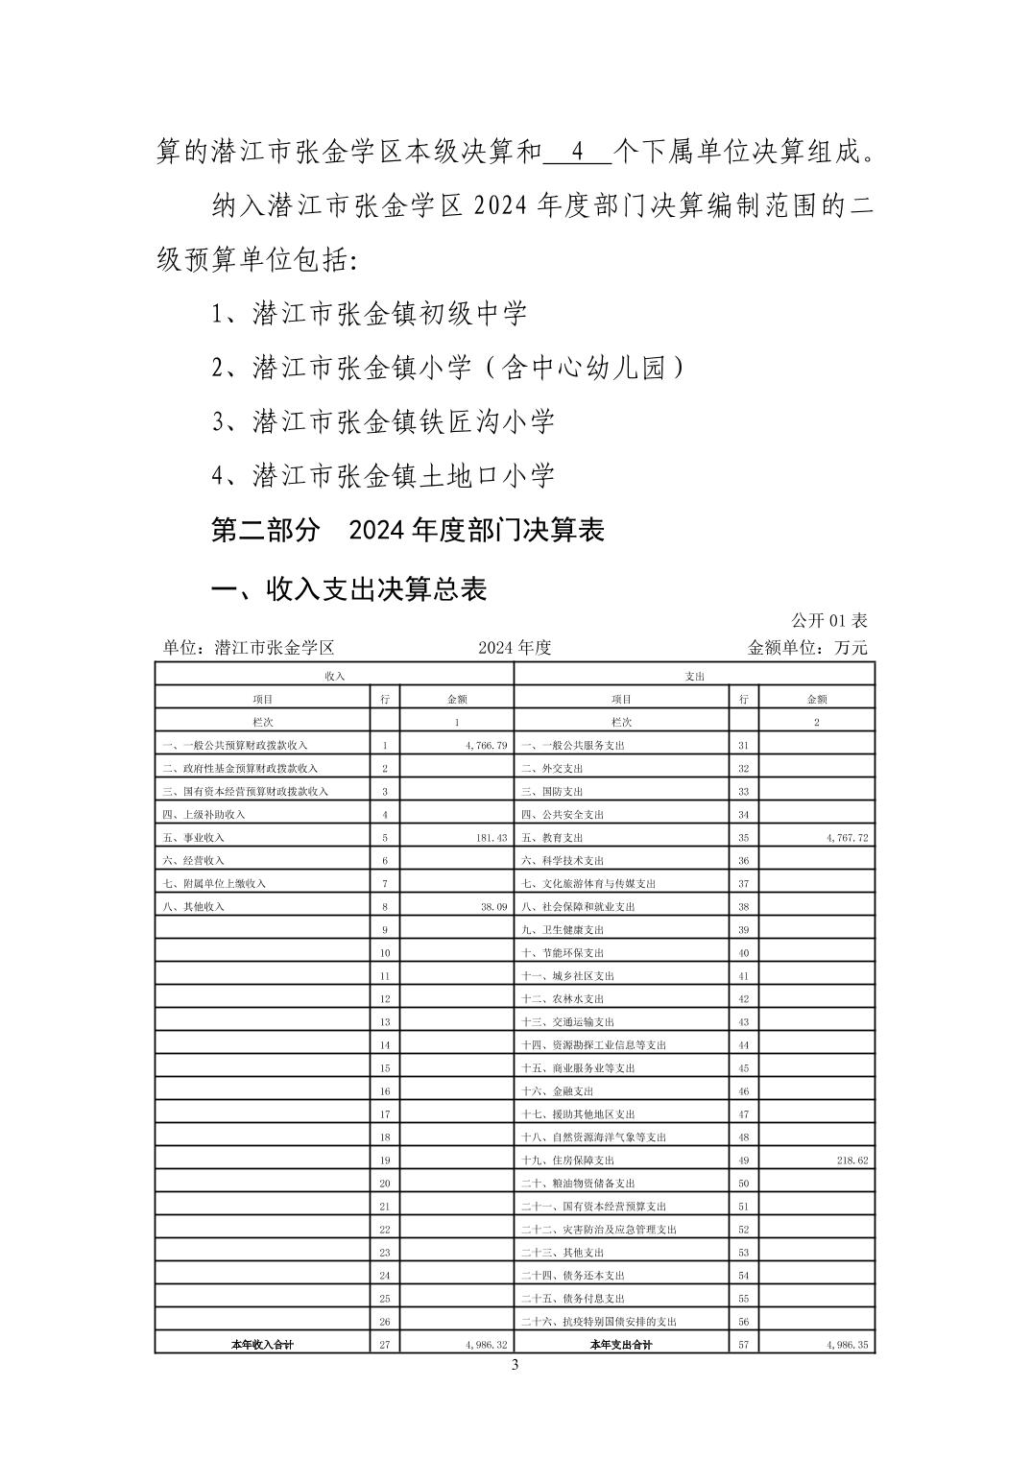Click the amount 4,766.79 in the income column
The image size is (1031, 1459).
click(486, 745)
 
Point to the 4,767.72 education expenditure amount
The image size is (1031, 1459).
click(846, 837)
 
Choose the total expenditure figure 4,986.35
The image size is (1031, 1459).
click(846, 1345)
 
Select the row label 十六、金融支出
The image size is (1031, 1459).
click(558, 1090)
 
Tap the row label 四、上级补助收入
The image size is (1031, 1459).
click(204, 814)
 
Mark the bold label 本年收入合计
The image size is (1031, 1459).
click(262, 1345)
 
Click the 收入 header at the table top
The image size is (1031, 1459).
click(334, 676)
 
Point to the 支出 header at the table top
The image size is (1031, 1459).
click(695, 676)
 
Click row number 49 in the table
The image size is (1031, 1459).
click(743, 1160)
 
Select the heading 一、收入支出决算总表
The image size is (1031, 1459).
click(348, 588)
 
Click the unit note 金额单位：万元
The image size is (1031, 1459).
click(806, 648)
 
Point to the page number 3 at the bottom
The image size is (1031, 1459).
click(515, 1366)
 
